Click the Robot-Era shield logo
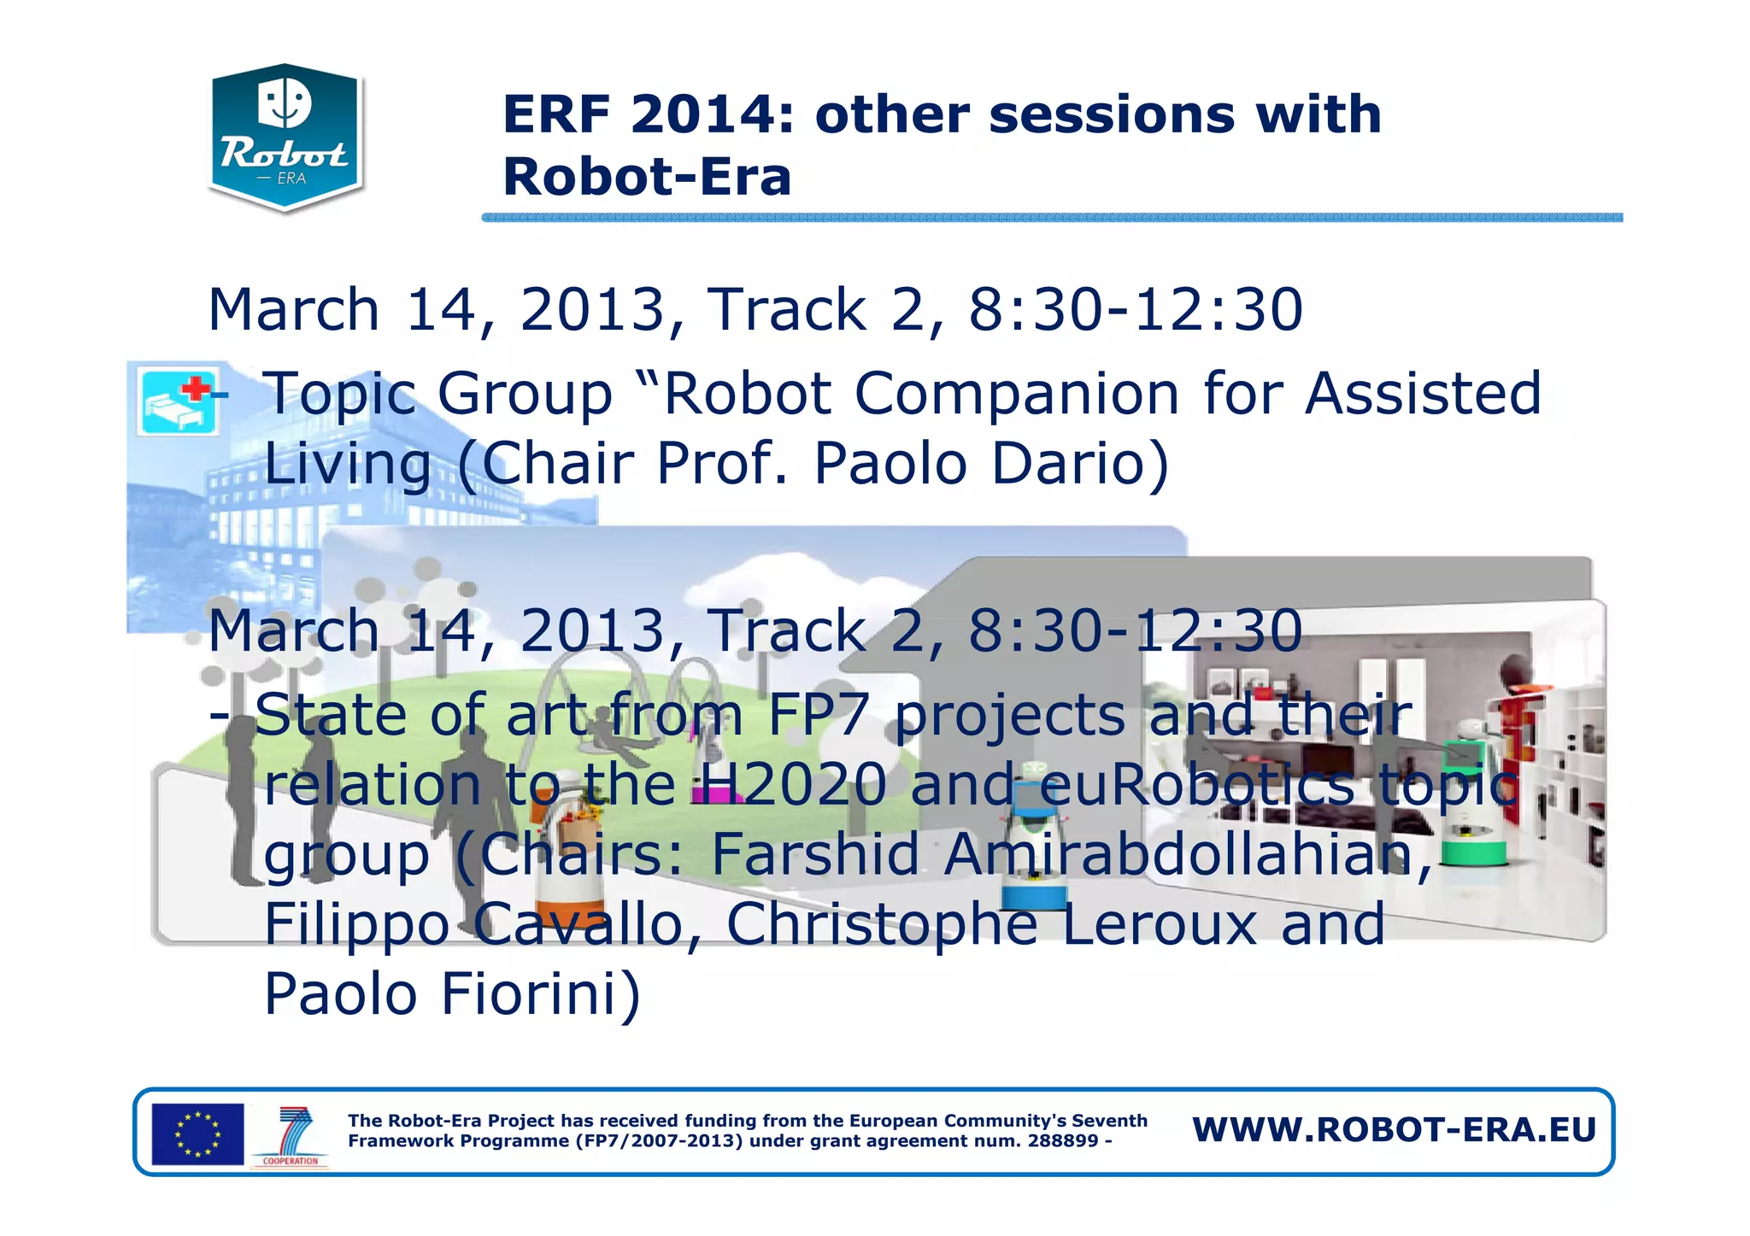pos(285,137)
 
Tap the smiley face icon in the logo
pos(285,103)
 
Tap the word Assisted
pos(1423,394)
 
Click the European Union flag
pos(197,1133)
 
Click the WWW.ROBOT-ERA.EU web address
pos(1394,1129)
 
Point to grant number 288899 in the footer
pos(1062,1141)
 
